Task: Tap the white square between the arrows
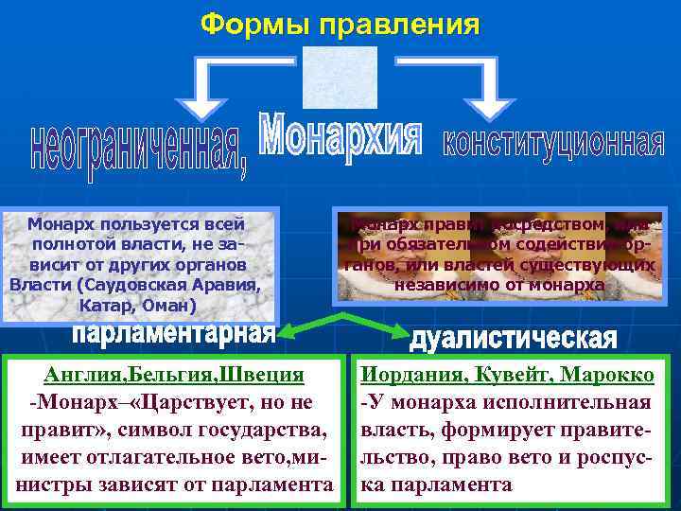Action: click(x=340, y=78)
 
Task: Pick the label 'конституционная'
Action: click(x=553, y=145)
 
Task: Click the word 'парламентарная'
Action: click(x=174, y=334)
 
